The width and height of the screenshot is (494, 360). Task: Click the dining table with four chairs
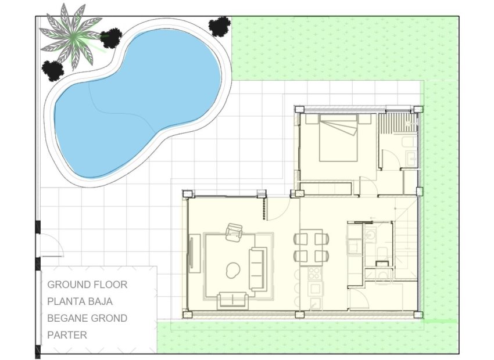point(310,247)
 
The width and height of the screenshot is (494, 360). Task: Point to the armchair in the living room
point(234,232)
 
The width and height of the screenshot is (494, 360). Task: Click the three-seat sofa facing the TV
point(257,269)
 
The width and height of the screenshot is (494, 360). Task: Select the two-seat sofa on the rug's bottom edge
point(232,300)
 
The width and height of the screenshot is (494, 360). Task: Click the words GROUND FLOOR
point(87,285)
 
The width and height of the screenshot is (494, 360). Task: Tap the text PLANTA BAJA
point(80,301)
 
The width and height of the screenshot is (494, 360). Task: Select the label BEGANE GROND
point(87,318)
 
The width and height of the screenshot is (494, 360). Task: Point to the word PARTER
point(67,335)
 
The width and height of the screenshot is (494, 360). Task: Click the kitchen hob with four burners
point(314,273)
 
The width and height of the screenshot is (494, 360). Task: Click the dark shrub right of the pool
point(219,26)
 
